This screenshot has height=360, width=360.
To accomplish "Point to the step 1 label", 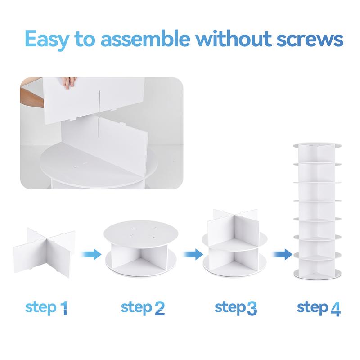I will click(47, 308).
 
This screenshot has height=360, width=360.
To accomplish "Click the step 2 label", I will click(143, 308).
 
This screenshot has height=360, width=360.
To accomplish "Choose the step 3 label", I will click(236, 308).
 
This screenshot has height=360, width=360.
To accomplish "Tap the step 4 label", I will click(319, 308).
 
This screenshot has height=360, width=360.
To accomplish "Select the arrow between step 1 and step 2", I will click(90, 254).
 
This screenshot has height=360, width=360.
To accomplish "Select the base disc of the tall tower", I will click(317, 273).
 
